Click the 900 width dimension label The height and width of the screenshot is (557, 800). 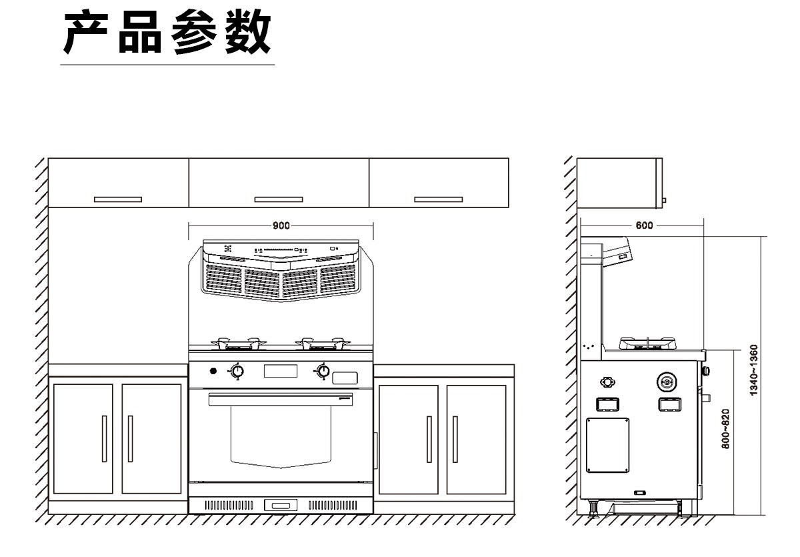click(281, 225)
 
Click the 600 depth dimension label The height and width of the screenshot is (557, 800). click(644, 225)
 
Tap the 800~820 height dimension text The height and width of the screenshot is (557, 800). click(725, 428)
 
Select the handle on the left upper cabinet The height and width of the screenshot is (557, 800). click(118, 199)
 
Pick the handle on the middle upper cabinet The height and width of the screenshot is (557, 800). click(279, 199)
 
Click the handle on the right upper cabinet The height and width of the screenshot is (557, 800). click(438, 199)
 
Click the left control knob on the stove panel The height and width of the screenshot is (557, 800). click(236, 372)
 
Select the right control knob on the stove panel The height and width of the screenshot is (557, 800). click(323, 371)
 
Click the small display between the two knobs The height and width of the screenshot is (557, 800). click(281, 370)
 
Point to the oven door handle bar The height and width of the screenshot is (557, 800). click(280, 399)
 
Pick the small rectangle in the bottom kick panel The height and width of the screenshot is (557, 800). click(281, 505)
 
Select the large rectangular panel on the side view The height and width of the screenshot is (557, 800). click(607, 445)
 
